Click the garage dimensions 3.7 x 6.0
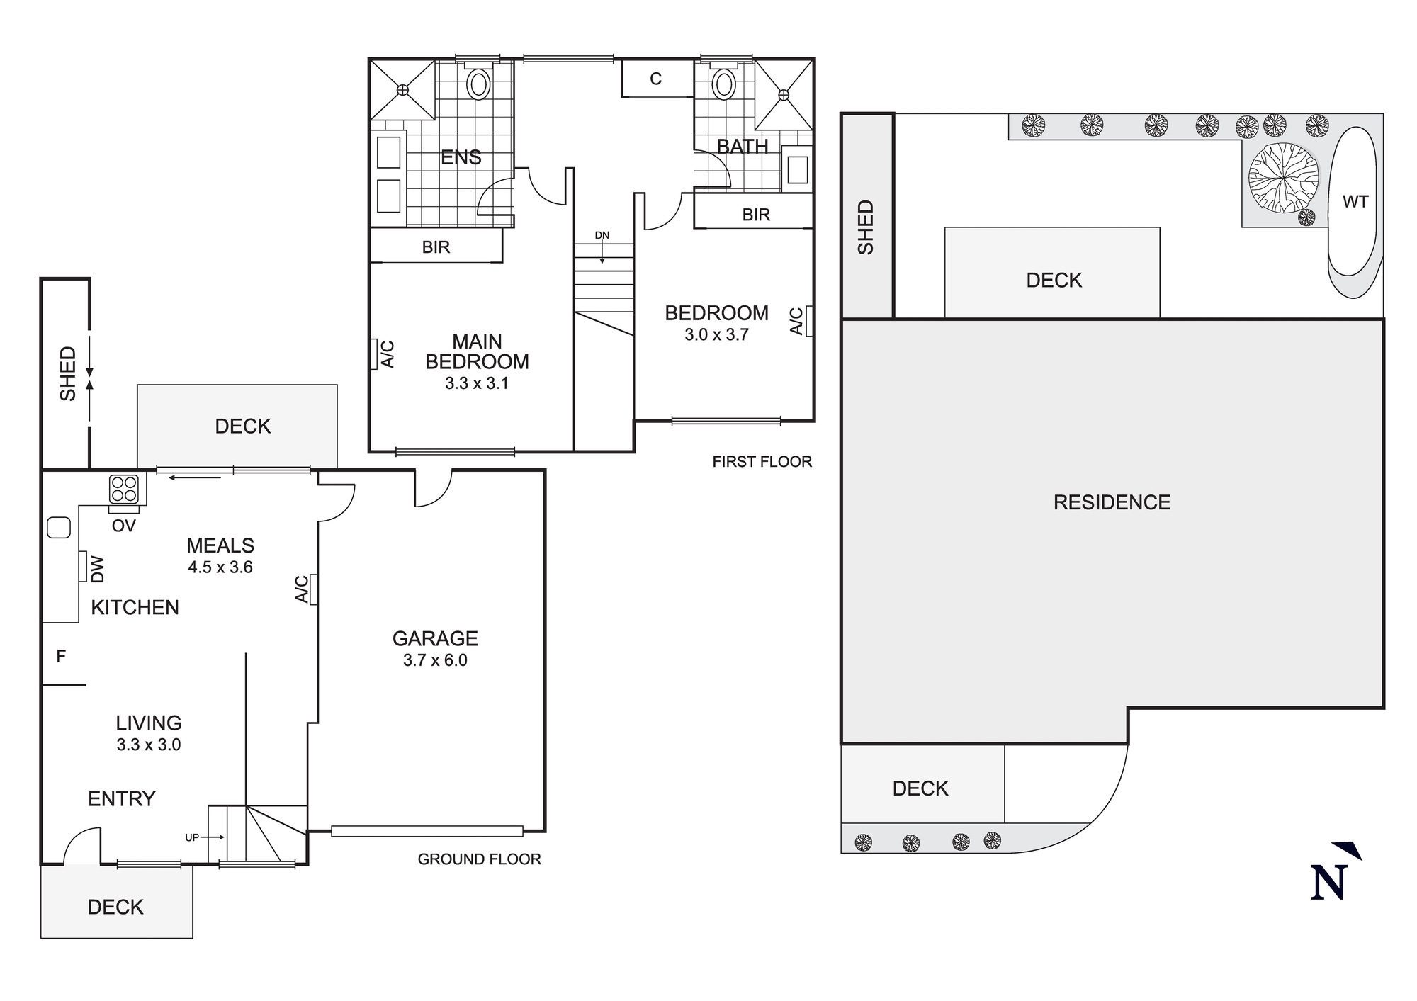click(435, 660)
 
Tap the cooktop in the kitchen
click(124, 489)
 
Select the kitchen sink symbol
click(58, 528)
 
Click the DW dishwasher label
click(98, 569)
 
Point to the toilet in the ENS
click(479, 84)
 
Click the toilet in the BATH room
click(723, 84)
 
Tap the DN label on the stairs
click(602, 235)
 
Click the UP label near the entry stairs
click(192, 837)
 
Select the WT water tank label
click(1355, 202)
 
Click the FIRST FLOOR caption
click(762, 462)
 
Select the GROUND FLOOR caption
click(479, 859)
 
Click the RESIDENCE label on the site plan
click(1112, 502)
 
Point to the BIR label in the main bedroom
click(436, 247)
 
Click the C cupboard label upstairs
click(655, 79)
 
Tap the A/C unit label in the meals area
click(303, 589)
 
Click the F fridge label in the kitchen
click(61, 657)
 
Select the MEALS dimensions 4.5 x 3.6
click(220, 567)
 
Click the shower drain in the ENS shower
click(402, 89)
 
